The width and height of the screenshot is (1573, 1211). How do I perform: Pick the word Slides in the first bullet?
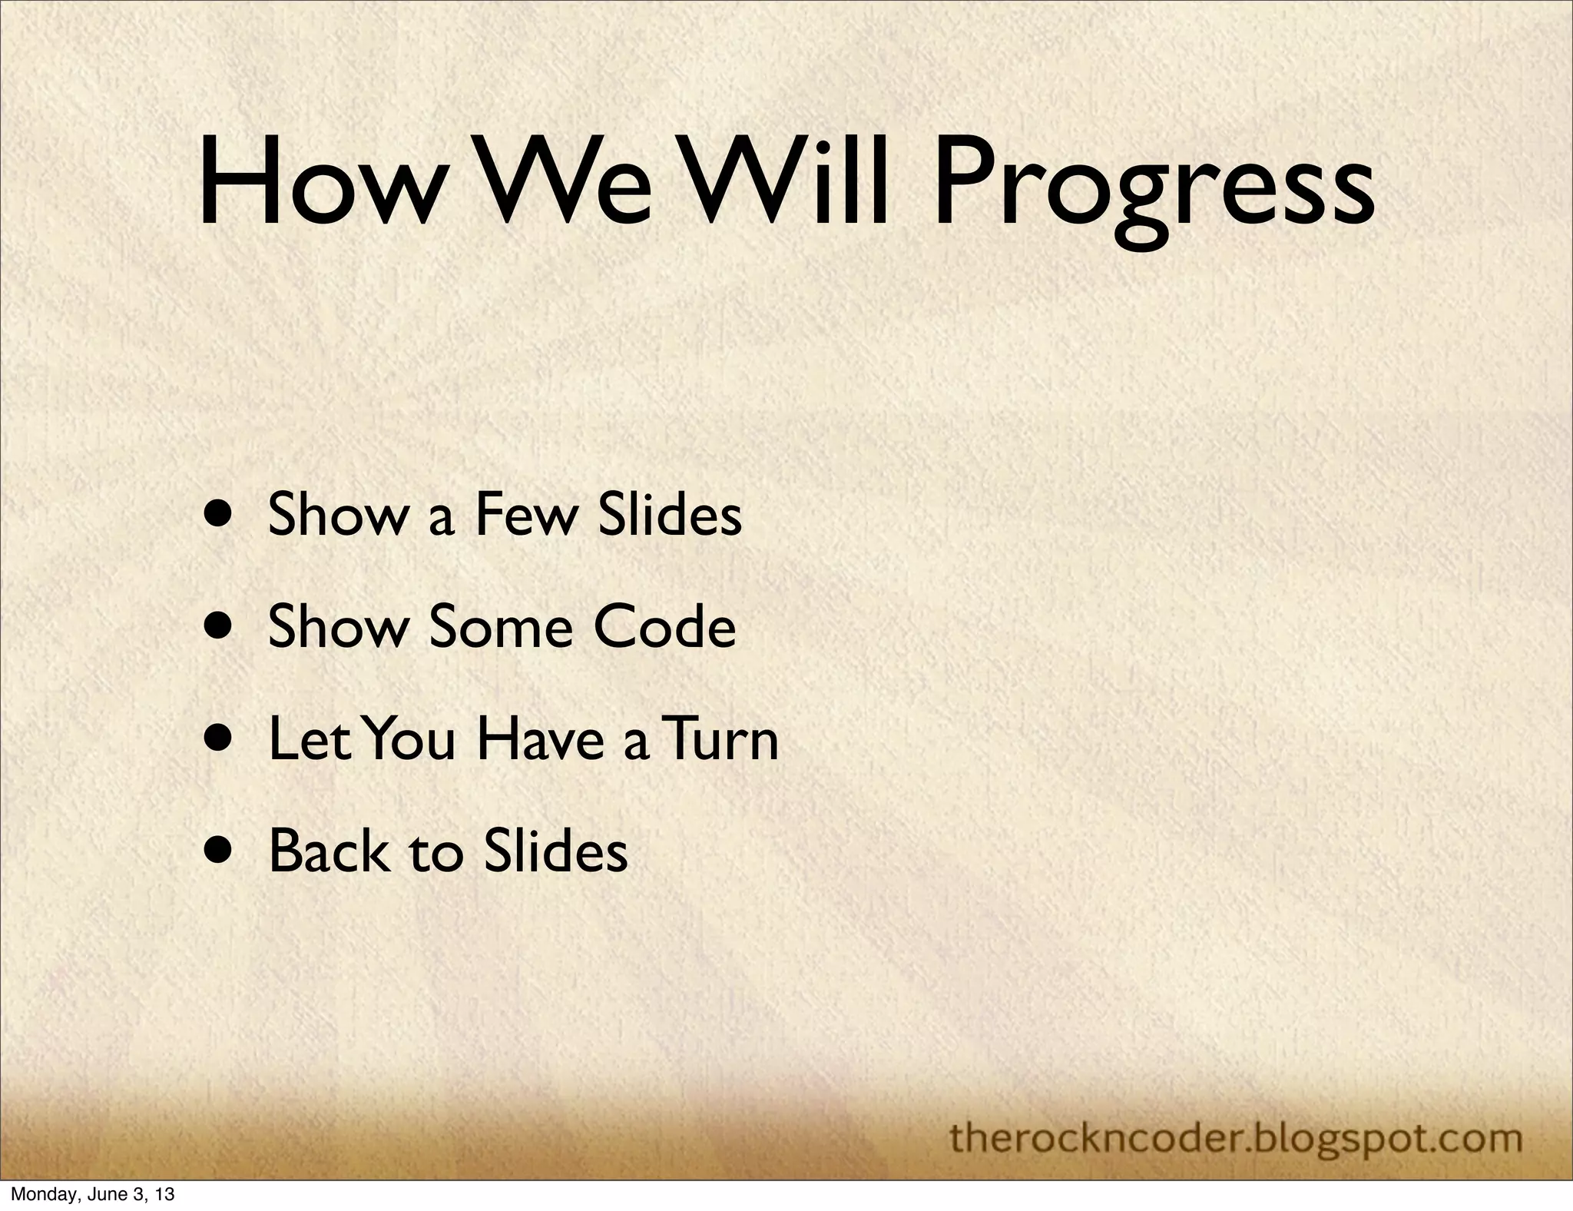click(x=670, y=515)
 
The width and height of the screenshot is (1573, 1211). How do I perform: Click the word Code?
click(x=665, y=626)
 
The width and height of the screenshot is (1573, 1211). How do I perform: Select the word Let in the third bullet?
click(x=308, y=738)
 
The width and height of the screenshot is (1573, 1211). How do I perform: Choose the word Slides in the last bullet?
click(x=556, y=851)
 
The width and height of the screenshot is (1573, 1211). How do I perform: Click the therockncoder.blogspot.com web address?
click(x=1236, y=1136)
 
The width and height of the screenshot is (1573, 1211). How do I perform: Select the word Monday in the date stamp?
click(x=38, y=1195)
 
